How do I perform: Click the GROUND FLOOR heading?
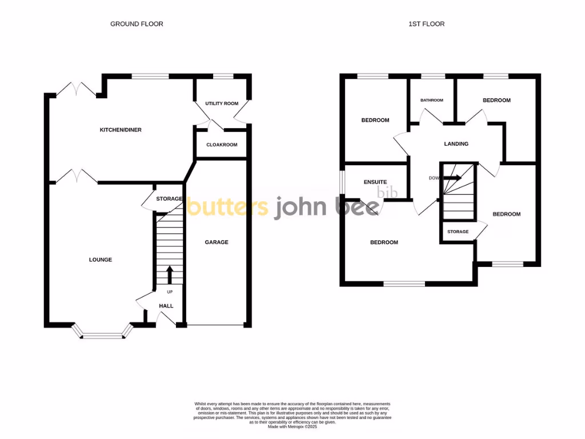[x=137, y=24]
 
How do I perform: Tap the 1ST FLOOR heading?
[x=426, y=24]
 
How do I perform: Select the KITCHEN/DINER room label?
[x=121, y=130]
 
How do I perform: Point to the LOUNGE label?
[x=101, y=260]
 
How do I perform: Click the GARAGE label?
[x=217, y=242]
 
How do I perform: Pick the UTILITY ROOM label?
[x=222, y=103]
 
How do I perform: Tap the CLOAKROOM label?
[x=222, y=145]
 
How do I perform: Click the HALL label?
[x=166, y=306]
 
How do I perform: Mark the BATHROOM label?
[x=432, y=100]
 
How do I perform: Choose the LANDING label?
[x=456, y=144]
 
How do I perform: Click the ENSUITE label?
[x=375, y=182]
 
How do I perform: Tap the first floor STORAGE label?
[x=458, y=232]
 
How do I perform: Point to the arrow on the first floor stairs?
[x=452, y=178]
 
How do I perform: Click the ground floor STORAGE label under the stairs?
[x=169, y=199]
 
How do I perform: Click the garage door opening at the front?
[x=217, y=326]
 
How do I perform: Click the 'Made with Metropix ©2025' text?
[x=292, y=426]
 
